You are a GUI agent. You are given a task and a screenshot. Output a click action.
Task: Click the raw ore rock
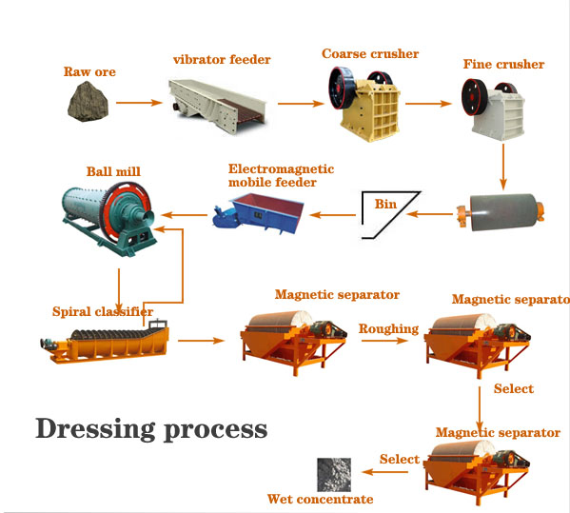[88, 102]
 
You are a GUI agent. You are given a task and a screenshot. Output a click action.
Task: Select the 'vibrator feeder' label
[222, 59]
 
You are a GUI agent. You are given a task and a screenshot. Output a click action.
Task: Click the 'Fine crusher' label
[503, 64]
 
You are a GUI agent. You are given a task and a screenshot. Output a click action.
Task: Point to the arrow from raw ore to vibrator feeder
[139, 103]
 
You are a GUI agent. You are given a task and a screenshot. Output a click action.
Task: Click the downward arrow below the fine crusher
[503, 167]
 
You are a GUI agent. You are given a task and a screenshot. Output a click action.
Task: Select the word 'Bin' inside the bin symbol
[385, 204]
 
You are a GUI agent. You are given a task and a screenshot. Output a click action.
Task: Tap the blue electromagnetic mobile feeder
[258, 213]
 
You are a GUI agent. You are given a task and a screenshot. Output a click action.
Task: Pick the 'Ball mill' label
[113, 171]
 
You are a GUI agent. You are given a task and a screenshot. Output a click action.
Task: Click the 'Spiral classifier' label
[103, 311]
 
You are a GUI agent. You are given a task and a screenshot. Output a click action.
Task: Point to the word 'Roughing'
[388, 328]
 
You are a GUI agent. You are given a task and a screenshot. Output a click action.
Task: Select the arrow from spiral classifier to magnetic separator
[201, 341]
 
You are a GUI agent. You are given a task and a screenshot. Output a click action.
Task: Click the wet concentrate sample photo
[334, 475]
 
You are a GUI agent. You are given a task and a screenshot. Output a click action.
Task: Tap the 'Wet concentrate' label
[321, 499]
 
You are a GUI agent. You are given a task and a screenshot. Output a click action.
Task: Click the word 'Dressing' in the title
[95, 429]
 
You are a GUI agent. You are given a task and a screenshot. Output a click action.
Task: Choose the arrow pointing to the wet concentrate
[385, 472]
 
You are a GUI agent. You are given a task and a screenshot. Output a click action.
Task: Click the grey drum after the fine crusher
[501, 212]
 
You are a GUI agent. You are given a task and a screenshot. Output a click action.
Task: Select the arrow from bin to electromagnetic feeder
[333, 215]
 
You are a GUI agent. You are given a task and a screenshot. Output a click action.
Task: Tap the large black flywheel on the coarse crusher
[342, 88]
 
